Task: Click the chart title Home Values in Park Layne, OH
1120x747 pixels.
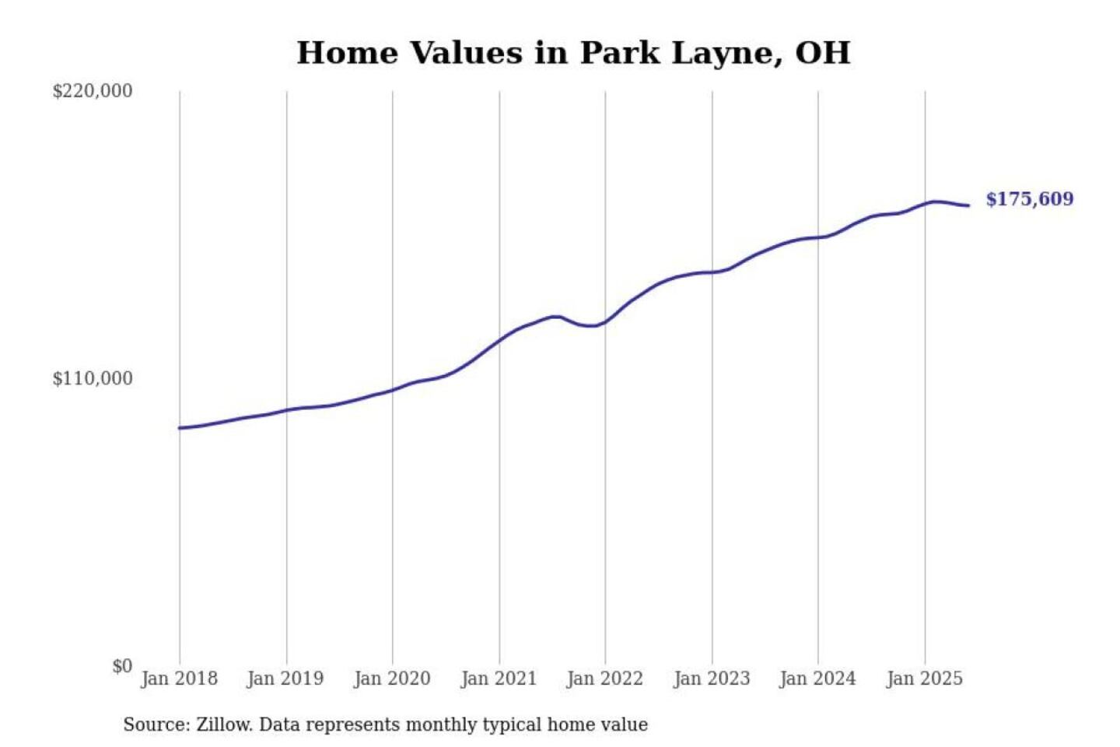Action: pos(573,53)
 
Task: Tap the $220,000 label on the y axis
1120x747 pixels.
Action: pos(93,91)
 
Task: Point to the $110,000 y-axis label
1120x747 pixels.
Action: pos(93,379)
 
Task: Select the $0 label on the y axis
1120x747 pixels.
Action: pos(122,666)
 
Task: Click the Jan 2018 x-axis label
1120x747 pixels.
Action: pos(179,679)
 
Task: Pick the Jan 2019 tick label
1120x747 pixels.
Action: pos(285,679)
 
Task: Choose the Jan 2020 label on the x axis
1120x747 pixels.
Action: pos(392,679)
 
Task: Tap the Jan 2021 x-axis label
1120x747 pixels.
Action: pos(499,679)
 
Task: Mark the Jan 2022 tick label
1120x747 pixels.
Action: pos(605,679)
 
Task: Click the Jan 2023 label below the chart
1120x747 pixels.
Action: pos(712,679)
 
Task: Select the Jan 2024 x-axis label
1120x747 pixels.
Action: pos(817,679)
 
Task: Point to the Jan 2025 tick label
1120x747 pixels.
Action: pos(925,679)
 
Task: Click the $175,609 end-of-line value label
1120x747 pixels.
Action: pos(1030,199)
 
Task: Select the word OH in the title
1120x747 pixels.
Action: pos(823,53)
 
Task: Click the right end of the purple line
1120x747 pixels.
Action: pos(968,205)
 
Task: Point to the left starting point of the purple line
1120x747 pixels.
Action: pos(180,428)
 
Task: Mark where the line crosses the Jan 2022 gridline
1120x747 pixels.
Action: pos(605,321)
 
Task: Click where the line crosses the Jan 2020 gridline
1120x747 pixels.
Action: pos(392,390)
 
